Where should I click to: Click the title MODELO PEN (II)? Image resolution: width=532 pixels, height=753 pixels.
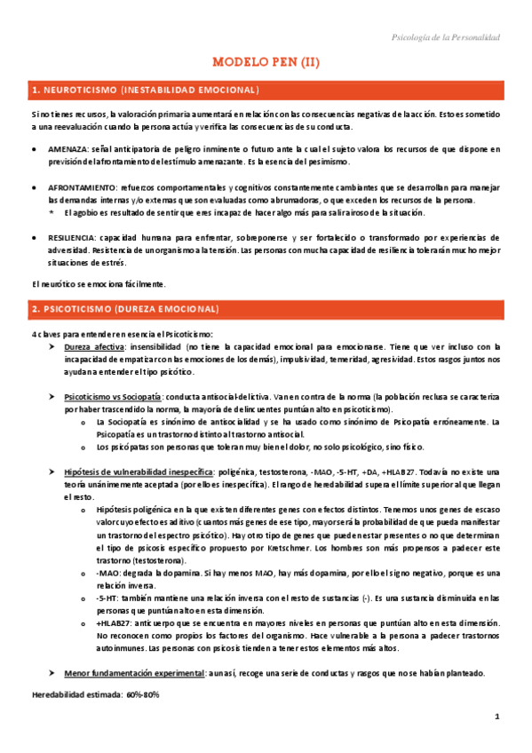click(266, 62)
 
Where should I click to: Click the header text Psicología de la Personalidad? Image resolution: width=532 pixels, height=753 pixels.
click(446, 37)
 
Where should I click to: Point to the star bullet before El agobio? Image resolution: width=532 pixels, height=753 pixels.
click(52, 213)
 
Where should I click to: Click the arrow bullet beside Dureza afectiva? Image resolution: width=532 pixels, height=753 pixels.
click(53, 346)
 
